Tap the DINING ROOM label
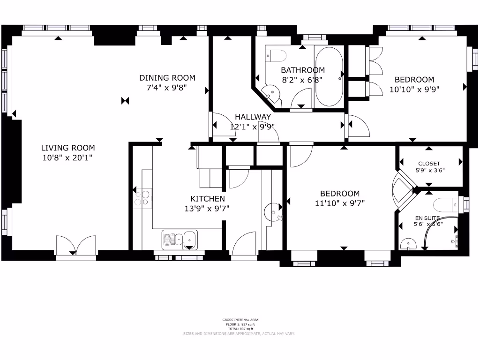pos(167,78)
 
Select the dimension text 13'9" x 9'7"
pos(207,209)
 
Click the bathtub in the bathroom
pos(329,76)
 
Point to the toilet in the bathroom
pos(276,55)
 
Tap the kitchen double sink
pos(180,239)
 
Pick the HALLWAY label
pos(253,117)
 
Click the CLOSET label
pos(429,164)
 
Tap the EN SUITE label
pos(427,218)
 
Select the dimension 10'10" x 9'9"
pos(414,89)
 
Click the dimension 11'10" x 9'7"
pos(340,203)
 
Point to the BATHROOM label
pos(302,70)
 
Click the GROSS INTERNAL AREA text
pos(240,320)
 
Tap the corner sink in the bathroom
pos(270,93)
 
